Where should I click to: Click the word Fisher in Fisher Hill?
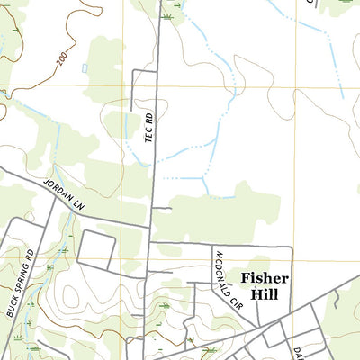pos(265,279)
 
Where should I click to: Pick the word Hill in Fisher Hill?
pos(271,295)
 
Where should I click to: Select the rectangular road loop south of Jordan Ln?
pos(96,248)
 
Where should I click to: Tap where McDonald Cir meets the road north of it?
pos(213,245)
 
